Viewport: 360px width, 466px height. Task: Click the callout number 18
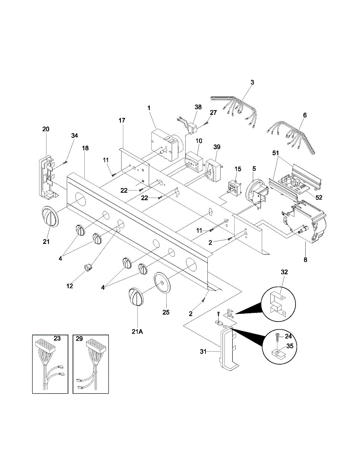pos(85,148)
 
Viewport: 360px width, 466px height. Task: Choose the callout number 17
pos(122,121)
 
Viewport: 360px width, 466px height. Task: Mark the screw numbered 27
pos(207,123)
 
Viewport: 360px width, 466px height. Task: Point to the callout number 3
pos(252,82)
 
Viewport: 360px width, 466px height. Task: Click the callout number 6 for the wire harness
pos(305,115)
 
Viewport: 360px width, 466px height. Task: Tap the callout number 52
pos(318,197)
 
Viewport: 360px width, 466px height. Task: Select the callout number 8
pos(305,260)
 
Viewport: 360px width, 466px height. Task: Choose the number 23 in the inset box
pos(57,339)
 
